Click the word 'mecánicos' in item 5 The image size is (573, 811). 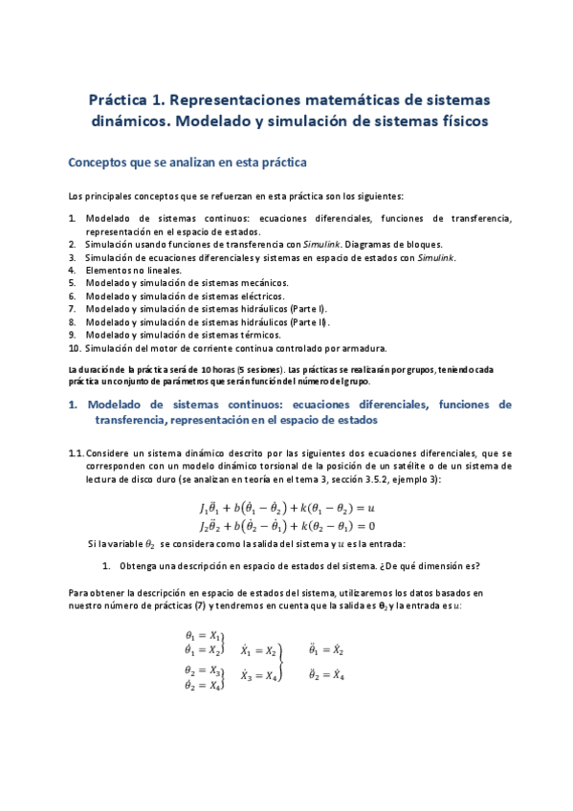(x=263, y=283)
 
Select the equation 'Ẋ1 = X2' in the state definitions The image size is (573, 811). (x=258, y=650)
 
